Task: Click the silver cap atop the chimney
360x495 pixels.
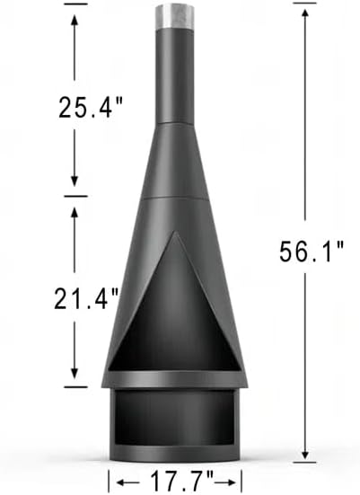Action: pos(175,16)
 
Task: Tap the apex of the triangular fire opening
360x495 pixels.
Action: pos(176,235)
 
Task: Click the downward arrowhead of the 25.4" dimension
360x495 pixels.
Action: pos(75,186)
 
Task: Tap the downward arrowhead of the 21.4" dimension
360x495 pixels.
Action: pos(75,378)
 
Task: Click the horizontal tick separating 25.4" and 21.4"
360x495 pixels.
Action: pos(75,195)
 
